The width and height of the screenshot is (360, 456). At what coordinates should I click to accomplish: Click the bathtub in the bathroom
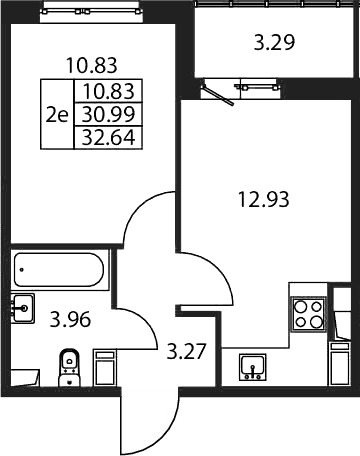click(x=59, y=269)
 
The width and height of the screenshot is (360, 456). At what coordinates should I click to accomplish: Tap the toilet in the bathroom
click(x=69, y=368)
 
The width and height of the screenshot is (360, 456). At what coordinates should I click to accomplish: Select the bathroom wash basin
click(x=23, y=308)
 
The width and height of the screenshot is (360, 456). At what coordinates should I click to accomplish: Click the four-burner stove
click(x=308, y=314)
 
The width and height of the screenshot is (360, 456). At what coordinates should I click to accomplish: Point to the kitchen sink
click(x=253, y=367)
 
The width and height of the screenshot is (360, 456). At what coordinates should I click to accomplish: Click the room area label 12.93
click(x=263, y=200)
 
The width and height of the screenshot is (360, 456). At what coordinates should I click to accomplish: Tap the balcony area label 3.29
click(x=274, y=43)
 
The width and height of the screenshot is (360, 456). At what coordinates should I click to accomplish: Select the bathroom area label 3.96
click(x=70, y=320)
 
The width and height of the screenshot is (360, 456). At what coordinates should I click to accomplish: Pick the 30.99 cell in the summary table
click(x=108, y=114)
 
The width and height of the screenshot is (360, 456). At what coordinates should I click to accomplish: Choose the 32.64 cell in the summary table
click(x=108, y=137)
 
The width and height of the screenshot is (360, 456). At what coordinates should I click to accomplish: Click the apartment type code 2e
click(x=57, y=115)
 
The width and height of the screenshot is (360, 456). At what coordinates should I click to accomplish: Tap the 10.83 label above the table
click(x=92, y=65)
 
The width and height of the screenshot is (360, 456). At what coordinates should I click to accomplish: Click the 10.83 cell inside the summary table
click(x=108, y=91)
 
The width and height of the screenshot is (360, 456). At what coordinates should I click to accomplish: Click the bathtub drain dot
click(x=22, y=269)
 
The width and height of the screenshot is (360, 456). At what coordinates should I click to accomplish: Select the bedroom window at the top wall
click(x=90, y=12)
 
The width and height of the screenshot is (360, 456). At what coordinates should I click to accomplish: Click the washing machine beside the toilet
click(x=104, y=368)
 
